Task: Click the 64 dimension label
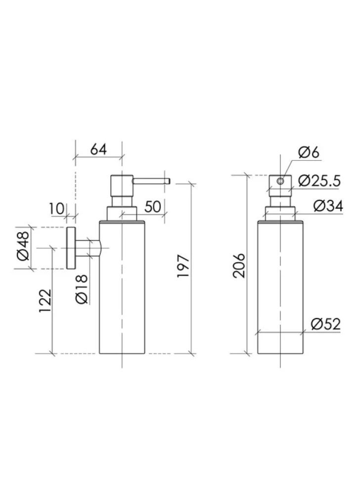98,150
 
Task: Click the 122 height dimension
45,301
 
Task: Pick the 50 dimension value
153,207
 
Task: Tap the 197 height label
183,266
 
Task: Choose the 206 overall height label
239,265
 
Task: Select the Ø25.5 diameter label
319,181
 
